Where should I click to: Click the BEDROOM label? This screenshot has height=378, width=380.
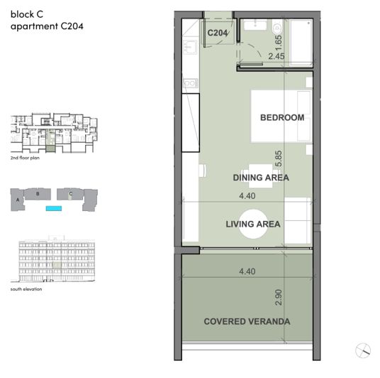[x=282, y=117]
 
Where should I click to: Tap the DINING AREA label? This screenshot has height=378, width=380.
[x=261, y=178]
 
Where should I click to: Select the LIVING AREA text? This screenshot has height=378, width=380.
[x=253, y=224]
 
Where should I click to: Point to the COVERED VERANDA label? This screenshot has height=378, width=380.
[x=247, y=321]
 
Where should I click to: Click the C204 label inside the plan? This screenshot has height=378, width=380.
[x=217, y=33]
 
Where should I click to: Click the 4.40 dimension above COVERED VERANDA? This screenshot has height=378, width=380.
[x=247, y=271]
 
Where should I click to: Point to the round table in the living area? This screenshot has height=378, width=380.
[x=253, y=225]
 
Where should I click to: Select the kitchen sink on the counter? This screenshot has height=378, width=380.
[x=190, y=48]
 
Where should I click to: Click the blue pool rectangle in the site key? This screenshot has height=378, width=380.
[x=52, y=208]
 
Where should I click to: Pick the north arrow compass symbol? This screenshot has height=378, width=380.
[x=364, y=349]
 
